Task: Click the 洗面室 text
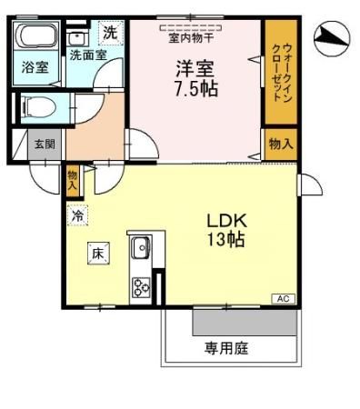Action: tap(88, 55)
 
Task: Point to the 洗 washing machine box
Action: tap(109, 33)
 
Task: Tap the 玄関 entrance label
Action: tap(45, 144)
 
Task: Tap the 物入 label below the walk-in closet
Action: tap(280, 144)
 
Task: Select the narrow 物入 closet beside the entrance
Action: tap(73, 179)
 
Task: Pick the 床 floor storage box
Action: tap(97, 254)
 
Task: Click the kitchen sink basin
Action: tap(142, 248)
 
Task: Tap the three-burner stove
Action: tap(142, 286)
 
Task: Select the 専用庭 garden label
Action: tap(226, 348)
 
